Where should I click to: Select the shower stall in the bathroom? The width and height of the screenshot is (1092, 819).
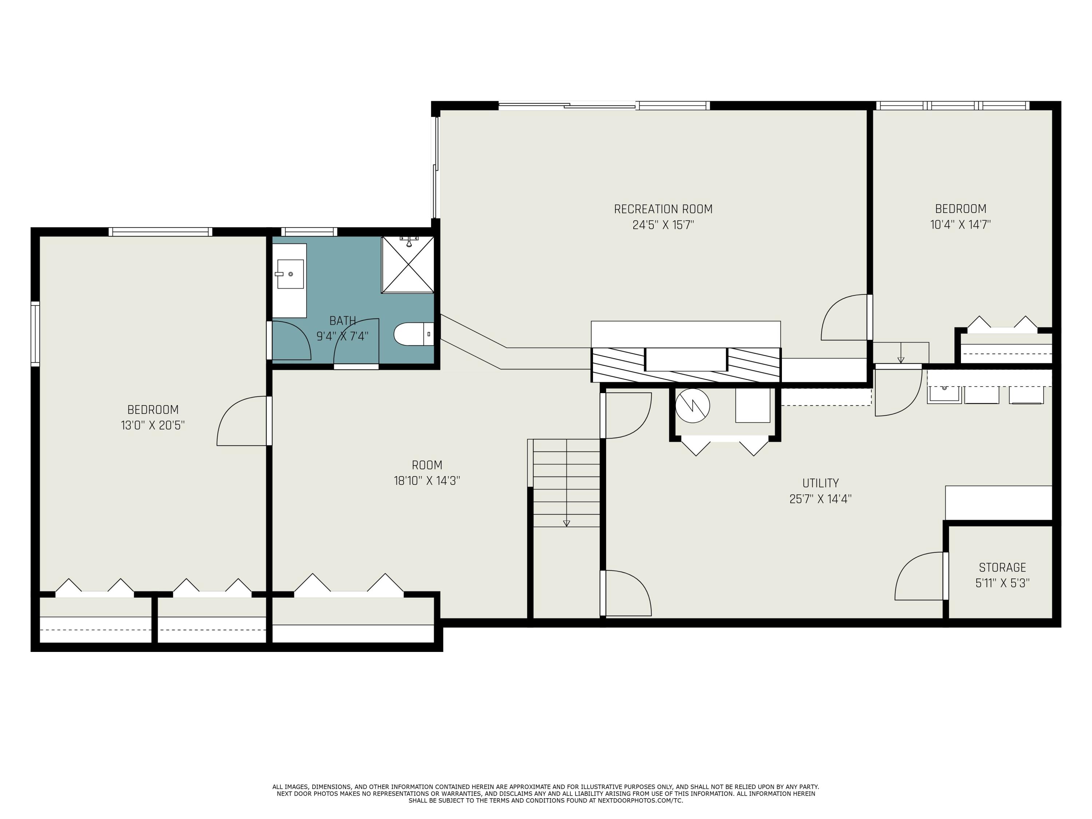pos(407,265)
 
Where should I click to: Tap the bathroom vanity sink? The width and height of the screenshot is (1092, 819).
pos(290,274)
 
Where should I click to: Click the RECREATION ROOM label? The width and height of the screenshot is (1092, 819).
pos(663,209)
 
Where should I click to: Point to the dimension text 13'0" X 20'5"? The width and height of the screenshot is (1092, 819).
pos(153,425)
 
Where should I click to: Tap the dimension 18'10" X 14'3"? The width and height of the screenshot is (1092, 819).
pos(427,480)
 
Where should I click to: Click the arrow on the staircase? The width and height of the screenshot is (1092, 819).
pos(566,523)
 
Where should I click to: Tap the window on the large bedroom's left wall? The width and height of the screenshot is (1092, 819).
pos(35,334)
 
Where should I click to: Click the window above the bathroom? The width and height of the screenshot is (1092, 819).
pos(309,232)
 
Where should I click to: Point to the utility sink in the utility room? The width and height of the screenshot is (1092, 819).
pos(944,394)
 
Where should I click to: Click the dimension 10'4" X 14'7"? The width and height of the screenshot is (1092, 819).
pos(960,225)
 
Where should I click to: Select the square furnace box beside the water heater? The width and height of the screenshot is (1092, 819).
pos(752,405)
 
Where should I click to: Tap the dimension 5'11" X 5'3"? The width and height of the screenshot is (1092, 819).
pos(1002,583)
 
